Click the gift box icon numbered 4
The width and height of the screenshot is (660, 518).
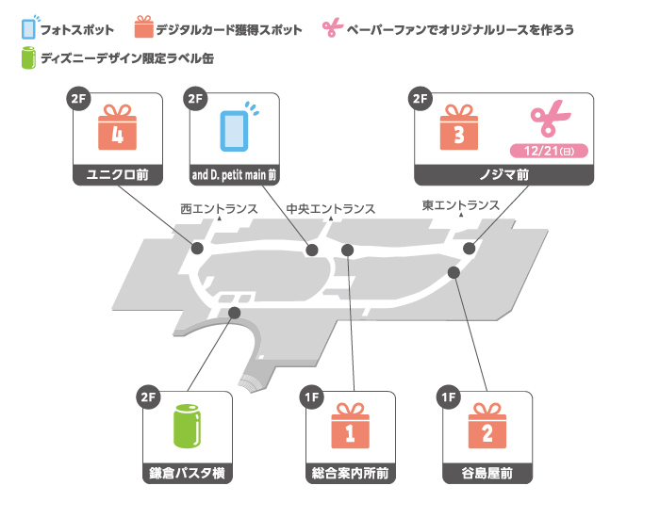point(118,132)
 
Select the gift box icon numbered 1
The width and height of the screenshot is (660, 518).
point(350,429)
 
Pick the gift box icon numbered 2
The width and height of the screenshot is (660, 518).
point(487,429)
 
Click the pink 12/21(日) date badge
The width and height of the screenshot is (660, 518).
point(548,151)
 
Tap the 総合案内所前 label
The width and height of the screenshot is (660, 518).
point(350,473)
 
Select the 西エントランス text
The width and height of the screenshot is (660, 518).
point(219,208)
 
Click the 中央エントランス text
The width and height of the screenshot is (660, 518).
point(330,208)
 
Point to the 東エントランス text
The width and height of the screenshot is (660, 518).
point(461,206)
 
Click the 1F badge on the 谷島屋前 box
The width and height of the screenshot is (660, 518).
point(448,397)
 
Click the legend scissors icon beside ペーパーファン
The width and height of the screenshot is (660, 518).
point(332,28)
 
